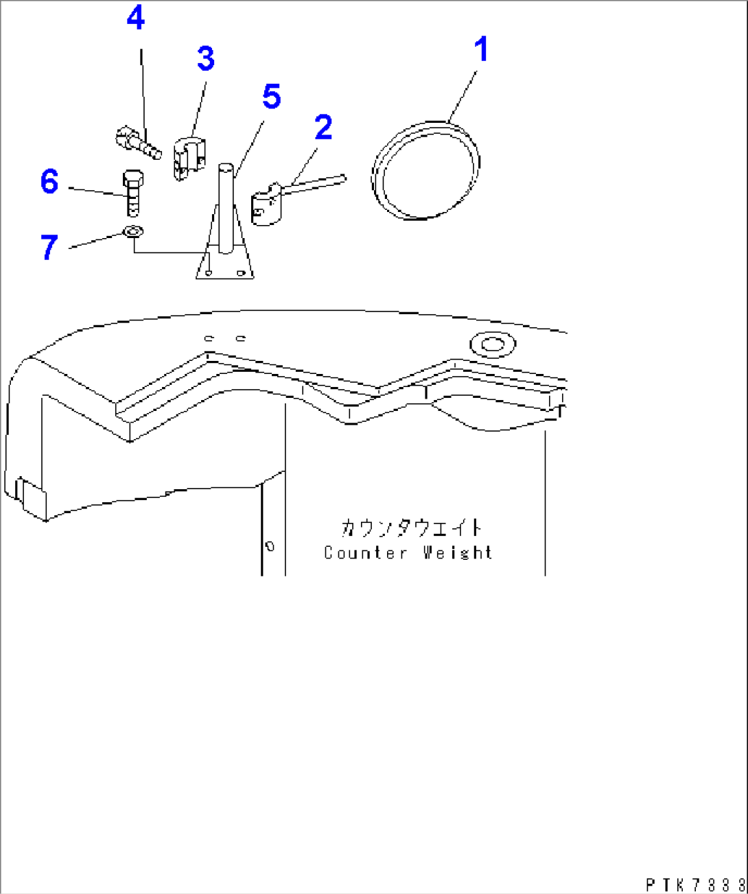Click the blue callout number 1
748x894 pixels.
coord(482,49)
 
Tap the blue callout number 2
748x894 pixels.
coord(323,127)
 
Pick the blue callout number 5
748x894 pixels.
coord(272,96)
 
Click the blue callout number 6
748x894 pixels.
coord(49,182)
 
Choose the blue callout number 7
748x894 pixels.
coord(49,247)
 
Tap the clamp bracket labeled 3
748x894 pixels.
coord(189,159)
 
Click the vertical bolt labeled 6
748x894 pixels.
coord(133,193)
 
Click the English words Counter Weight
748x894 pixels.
coord(408,553)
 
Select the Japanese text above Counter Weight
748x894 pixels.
coord(411,528)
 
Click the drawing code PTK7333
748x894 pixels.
coord(695,884)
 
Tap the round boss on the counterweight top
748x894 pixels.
coord(493,344)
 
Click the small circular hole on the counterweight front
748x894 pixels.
coord(270,546)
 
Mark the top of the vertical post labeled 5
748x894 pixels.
coord(226,165)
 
